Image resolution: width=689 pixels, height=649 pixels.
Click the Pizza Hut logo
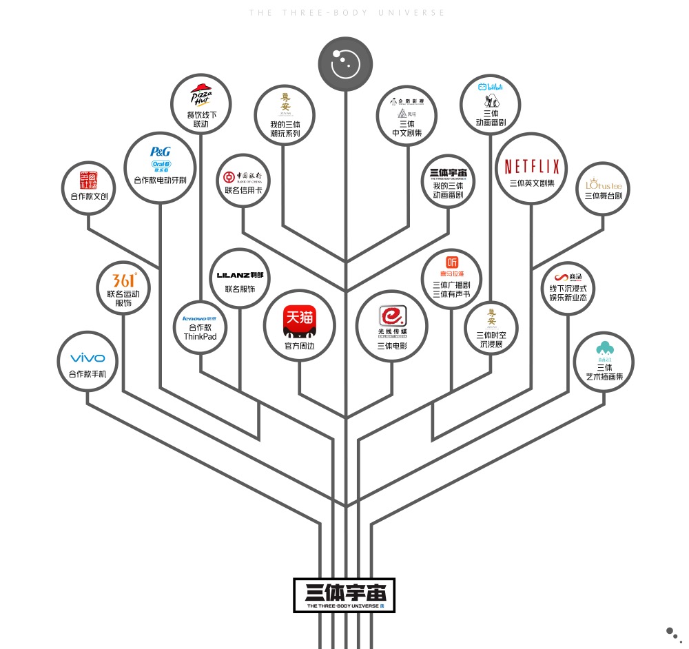point(200,96)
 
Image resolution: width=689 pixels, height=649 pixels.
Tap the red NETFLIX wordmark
point(532,166)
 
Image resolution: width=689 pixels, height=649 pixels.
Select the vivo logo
point(88,358)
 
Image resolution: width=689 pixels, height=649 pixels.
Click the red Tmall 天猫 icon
point(300,321)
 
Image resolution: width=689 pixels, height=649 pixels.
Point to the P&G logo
point(160,152)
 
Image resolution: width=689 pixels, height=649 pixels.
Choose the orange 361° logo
point(124,280)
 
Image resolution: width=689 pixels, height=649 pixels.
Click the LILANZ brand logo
point(240,275)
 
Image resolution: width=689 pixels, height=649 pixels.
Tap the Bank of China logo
point(243,175)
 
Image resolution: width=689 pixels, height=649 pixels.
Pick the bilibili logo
point(491,87)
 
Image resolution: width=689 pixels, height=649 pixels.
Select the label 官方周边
point(300,346)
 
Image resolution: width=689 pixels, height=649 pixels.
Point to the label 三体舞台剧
point(603,196)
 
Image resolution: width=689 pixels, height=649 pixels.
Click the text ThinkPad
point(200,336)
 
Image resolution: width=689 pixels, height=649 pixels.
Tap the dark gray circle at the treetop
point(345,64)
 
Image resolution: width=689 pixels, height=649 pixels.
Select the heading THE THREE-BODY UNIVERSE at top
point(347,12)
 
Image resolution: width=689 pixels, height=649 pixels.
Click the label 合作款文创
point(89,196)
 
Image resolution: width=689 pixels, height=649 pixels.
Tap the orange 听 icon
point(451,261)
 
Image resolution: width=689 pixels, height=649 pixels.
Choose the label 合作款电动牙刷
point(160,181)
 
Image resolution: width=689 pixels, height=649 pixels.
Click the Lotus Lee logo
point(603,185)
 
